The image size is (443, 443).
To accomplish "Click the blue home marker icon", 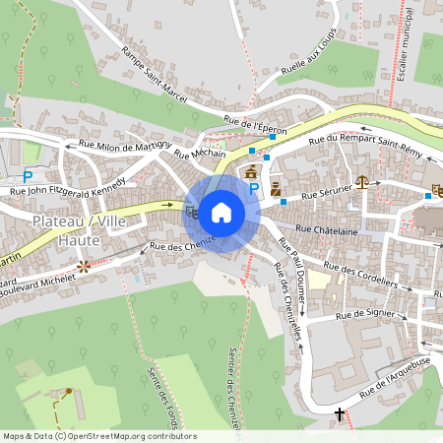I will pos(221,211).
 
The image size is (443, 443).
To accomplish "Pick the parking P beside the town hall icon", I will pos(254,188).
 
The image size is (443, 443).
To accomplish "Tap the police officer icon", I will pos(276,188).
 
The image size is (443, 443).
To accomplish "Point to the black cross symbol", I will pos(340,413).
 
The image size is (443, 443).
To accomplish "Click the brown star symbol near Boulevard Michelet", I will pos(84,266).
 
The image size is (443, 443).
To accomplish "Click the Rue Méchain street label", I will pos(200,154).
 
